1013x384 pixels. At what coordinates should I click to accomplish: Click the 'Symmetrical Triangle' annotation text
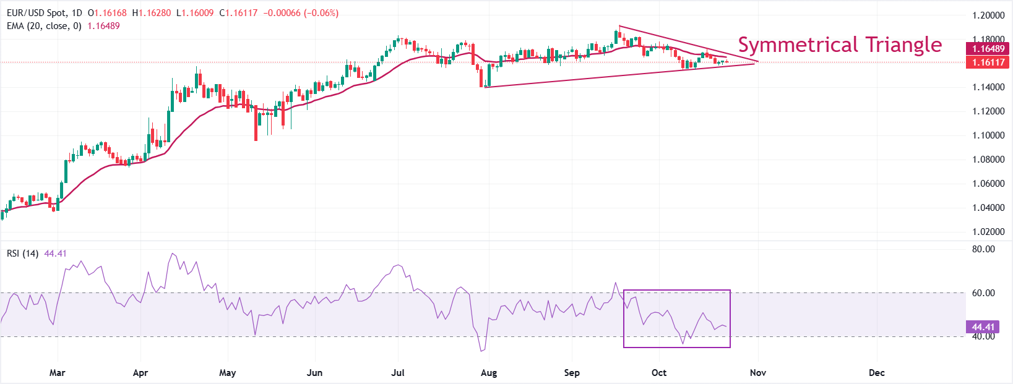[x=840, y=45]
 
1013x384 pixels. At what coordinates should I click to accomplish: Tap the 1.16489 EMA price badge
[x=988, y=49]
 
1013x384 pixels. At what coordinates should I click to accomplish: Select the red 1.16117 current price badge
[x=988, y=62]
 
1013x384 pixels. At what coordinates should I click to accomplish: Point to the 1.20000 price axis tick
[x=988, y=15]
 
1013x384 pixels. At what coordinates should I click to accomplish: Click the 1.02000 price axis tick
[x=988, y=232]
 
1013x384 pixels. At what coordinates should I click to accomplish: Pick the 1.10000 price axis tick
[x=988, y=135]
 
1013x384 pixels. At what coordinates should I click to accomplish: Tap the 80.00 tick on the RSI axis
[x=983, y=249]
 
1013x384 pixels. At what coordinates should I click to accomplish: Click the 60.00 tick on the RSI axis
[x=983, y=293]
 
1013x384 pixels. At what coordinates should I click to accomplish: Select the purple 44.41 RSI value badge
[x=983, y=327]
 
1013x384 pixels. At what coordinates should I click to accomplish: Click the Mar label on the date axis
[x=57, y=373]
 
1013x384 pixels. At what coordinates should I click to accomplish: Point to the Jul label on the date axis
[x=398, y=373]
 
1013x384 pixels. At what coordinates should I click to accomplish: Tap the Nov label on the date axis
[x=758, y=373]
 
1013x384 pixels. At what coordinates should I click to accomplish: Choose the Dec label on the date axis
[x=876, y=373]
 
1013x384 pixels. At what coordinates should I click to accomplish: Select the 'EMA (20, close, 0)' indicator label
[x=44, y=26]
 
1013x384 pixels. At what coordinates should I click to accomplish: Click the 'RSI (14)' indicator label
[x=23, y=254]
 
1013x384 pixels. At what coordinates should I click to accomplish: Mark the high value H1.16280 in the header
[x=152, y=13]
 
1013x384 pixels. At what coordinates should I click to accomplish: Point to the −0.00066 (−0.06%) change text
[x=301, y=13]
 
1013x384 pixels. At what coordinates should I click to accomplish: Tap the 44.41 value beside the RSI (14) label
[x=56, y=254]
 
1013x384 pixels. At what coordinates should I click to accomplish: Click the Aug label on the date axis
[x=489, y=373]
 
